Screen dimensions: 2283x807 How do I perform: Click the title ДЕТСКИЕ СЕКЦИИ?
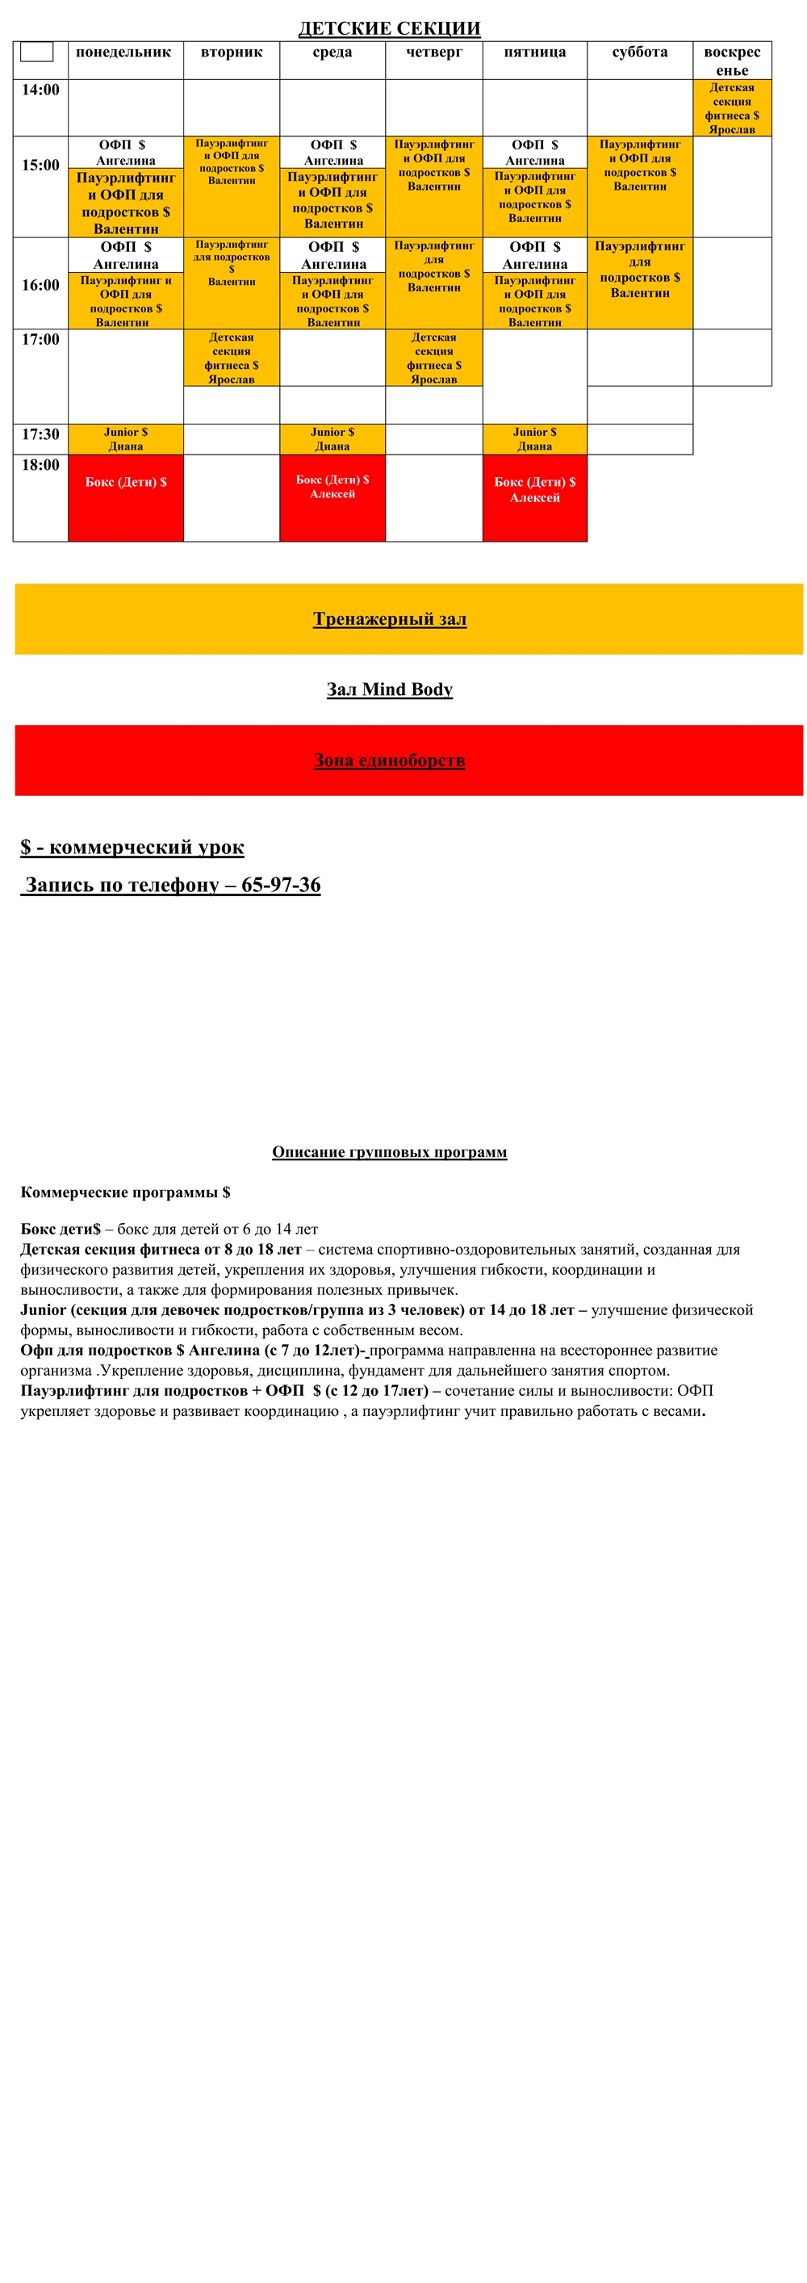pos(389,28)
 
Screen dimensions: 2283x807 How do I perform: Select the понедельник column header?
pos(123,52)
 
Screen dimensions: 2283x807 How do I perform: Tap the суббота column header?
pos(640,52)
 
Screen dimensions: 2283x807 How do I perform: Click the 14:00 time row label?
pos(40,90)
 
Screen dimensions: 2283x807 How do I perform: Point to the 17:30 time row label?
pos(40,434)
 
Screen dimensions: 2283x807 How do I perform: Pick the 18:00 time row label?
pos(40,465)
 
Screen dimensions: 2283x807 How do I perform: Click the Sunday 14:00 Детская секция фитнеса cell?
pos(732,108)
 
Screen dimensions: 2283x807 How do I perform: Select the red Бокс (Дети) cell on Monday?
pos(126,496)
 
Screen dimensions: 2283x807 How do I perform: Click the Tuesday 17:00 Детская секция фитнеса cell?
pos(231,358)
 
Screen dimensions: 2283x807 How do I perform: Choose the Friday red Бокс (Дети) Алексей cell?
pos(534,496)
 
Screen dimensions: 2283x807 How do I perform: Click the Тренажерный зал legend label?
pos(389,619)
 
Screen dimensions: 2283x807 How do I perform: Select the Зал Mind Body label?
pos(389,689)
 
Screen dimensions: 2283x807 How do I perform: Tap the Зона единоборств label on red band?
pos(389,760)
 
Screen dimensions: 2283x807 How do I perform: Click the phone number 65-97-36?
pos(281,886)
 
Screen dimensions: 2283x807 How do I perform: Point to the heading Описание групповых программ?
pos(389,1152)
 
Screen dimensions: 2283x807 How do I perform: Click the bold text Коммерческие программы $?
pos(125,1193)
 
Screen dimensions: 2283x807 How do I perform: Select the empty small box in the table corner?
pos(36,52)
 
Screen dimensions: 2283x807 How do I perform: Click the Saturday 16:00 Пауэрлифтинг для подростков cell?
pos(640,270)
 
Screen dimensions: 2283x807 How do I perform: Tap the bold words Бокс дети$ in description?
pos(61,1229)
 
